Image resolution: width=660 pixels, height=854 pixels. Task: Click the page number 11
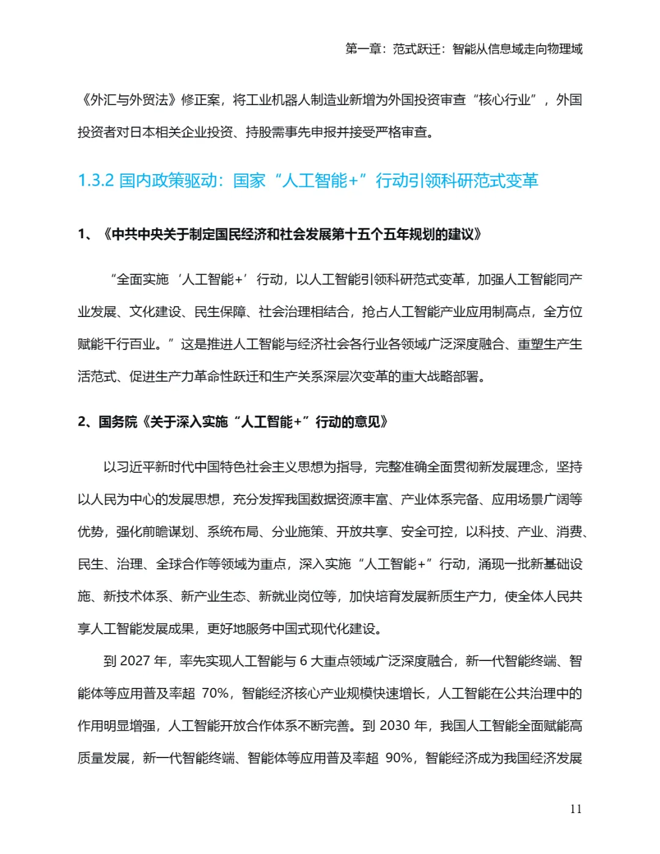point(575,809)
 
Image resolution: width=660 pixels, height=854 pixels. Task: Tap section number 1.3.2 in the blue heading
point(96,181)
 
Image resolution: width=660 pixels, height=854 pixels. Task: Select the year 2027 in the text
point(134,661)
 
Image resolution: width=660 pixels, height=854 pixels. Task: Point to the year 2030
point(394,726)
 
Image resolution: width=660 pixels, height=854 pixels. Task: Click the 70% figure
point(215,693)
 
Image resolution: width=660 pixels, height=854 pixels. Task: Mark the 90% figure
point(399,758)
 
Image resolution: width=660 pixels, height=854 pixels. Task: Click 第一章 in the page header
point(363,49)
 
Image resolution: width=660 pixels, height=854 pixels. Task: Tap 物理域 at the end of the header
point(565,49)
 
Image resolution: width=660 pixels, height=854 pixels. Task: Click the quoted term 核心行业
point(504,100)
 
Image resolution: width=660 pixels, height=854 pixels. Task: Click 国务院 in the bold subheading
point(118,422)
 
